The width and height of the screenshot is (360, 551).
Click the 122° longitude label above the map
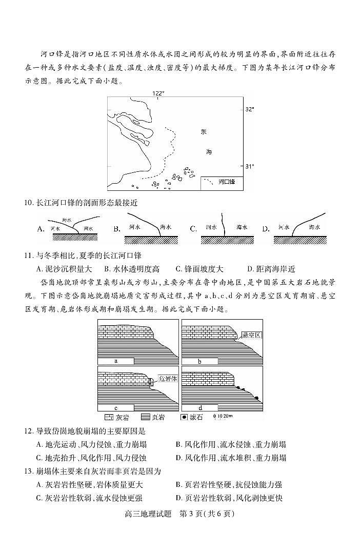coord(158,93)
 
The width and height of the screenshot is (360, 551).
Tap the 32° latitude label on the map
coord(249,109)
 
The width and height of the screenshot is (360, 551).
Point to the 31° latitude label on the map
coord(249,166)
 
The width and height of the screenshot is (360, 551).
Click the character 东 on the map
coord(204,132)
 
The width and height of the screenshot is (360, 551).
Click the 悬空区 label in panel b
coord(251,335)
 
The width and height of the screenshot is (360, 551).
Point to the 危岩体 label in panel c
coord(168,379)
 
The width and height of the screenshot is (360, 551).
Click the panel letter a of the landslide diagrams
coord(116,361)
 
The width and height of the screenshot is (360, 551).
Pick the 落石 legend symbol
coord(184,417)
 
